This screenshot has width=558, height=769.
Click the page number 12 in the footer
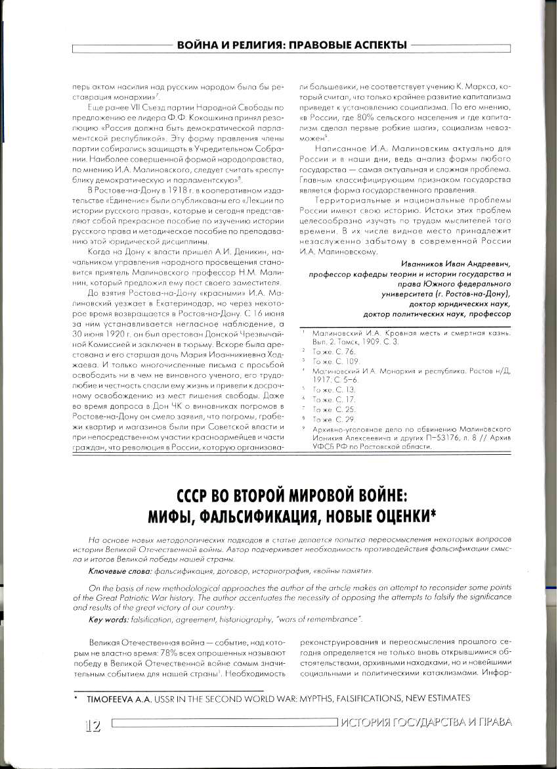92,724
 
